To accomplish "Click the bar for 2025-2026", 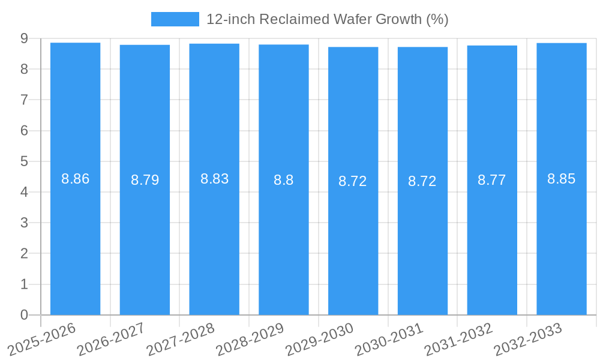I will tap(75, 240).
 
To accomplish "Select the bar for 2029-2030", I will tap(353, 240).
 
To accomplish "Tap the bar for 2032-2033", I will tap(562, 240).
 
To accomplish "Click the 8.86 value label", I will tap(75, 179).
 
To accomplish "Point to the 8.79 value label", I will tap(145, 180).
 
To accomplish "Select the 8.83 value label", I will tap(214, 179).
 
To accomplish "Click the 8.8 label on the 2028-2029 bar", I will tap(283, 180).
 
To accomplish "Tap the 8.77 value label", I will tap(491, 180).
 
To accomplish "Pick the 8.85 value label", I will tap(561, 179).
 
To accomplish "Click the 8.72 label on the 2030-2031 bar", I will tap(422, 181).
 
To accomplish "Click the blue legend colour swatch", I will tap(175, 19).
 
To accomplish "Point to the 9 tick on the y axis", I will tap(24, 38).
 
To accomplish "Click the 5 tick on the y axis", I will tap(24, 161).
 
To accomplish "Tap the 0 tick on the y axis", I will tap(24, 315).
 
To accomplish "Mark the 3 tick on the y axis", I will tap(24, 223).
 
